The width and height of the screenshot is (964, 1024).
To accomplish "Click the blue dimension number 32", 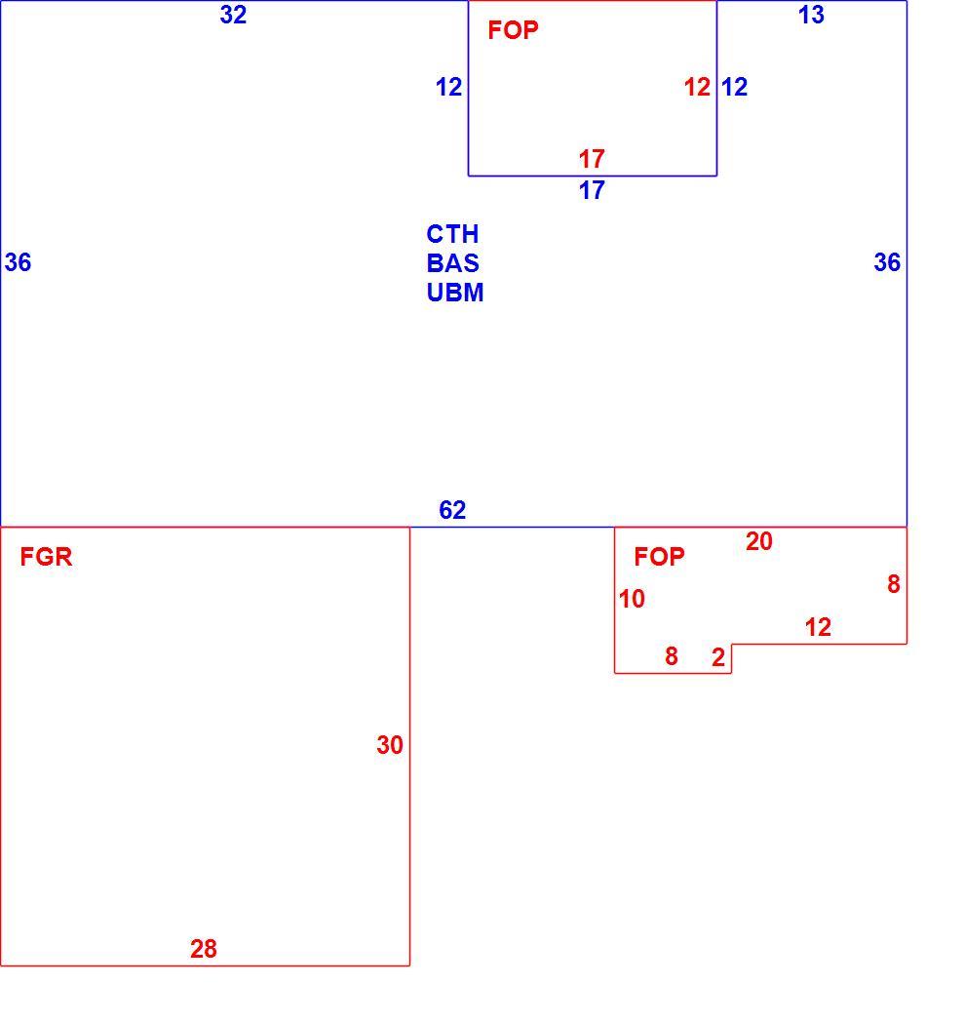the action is [x=233, y=15].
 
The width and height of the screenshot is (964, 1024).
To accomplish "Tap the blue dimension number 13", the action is [x=811, y=15].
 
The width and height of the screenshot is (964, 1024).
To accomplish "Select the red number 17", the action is [x=592, y=159].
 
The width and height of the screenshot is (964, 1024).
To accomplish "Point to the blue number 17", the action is [x=592, y=190].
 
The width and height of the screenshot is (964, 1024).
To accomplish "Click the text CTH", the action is [x=452, y=234].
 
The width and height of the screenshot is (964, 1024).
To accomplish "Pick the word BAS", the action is [x=453, y=263].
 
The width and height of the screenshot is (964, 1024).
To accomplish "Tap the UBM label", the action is [x=455, y=293].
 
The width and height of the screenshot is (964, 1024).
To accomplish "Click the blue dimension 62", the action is [x=452, y=510].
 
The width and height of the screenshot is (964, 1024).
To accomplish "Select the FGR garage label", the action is [x=46, y=557].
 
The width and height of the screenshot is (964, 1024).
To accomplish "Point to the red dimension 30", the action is [x=390, y=745].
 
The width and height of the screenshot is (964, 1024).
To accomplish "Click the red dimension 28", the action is [x=204, y=949].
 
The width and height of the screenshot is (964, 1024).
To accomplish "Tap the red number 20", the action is [x=759, y=541].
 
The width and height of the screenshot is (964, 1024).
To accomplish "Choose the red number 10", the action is [x=632, y=599].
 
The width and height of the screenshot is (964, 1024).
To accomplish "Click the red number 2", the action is [x=718, y=657].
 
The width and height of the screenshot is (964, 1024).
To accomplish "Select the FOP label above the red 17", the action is [x=513, y=30].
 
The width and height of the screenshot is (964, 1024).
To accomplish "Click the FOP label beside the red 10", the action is [x=659, y=557].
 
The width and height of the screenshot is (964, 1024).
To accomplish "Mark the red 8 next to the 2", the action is [x=671, y=656].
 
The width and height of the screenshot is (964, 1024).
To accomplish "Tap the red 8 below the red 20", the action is [x=894, y=584].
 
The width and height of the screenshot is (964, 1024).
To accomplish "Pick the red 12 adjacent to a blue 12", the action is [x=697, y=87].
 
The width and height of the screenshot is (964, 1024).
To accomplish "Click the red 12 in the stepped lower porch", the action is [x=818, y=628].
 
